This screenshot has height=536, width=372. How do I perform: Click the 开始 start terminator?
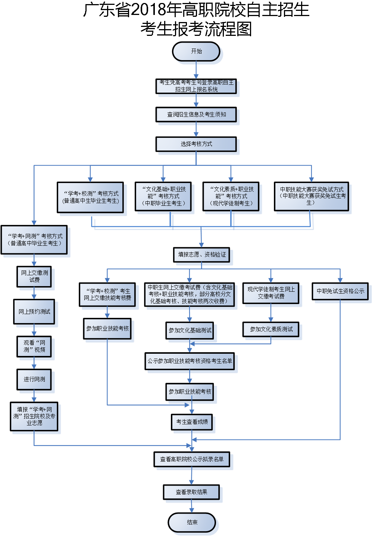(196, 51)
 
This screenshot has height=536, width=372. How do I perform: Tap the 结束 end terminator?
(192, 522)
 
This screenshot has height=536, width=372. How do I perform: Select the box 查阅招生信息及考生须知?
(196, 115)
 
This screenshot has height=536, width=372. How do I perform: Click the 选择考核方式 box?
(196, 144)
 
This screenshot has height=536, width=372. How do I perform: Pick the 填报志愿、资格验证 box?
(201, 255)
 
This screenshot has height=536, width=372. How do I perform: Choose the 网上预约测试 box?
(34, 312)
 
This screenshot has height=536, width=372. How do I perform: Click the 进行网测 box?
(34, 379)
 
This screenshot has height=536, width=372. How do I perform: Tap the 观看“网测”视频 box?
(34, 346)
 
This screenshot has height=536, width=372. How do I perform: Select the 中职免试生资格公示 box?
(340, 291)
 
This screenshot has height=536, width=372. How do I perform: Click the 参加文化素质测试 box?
(271, 329)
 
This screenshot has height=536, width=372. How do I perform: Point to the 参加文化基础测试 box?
(190, 331)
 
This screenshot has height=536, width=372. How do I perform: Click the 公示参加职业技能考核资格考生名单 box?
(190, 361)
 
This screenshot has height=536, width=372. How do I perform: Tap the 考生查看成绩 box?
(192, 422)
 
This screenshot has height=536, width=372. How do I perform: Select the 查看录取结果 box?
(191, 492)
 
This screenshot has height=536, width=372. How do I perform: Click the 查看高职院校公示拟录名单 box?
(192, 459)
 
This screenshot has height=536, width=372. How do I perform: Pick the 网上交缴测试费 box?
(34, 276)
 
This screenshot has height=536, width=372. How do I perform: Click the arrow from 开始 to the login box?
(196, 70)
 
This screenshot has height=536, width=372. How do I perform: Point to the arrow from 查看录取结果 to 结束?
(191, 506)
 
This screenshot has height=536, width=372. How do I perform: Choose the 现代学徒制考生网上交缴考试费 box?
(271, 293)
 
